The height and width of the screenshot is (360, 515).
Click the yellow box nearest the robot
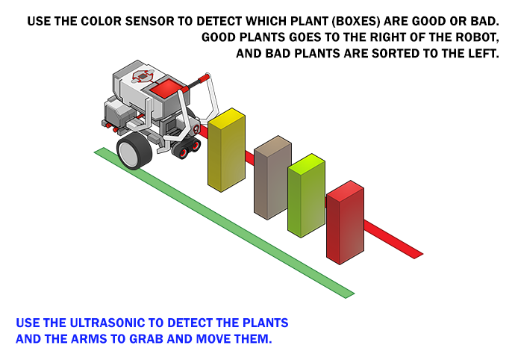tap(226, 150)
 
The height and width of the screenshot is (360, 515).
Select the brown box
tap(272, 178)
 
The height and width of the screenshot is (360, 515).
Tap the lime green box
tap(307, 195)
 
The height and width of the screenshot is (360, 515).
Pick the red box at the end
tap(345, 223)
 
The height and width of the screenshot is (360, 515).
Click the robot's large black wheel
tap(134, 151)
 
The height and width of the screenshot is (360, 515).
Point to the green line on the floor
tap(225, 223)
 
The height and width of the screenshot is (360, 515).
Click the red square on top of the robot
tap(166, 87)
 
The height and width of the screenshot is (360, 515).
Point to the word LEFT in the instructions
tap(483, 54)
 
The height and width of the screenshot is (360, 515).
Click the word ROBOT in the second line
tap(477, 37)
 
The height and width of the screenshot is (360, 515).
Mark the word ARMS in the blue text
tap(89, 338)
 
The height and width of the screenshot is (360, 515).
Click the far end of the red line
tap(419, 256)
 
